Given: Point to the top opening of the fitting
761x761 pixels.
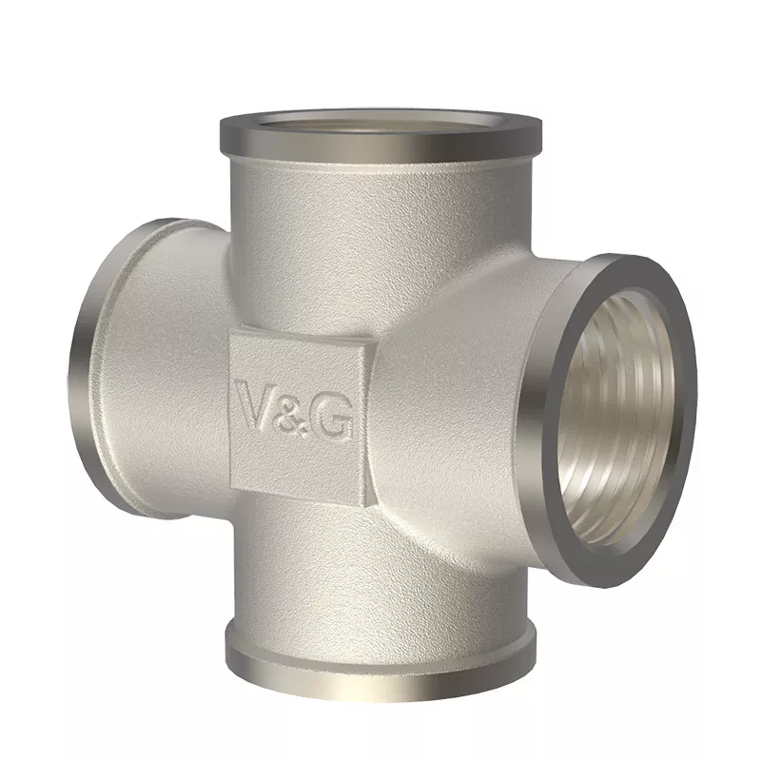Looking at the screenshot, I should (380, 123).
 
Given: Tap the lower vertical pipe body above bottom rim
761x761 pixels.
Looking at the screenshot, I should (380, 571).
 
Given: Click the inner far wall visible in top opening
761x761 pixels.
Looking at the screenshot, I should (380, 117).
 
